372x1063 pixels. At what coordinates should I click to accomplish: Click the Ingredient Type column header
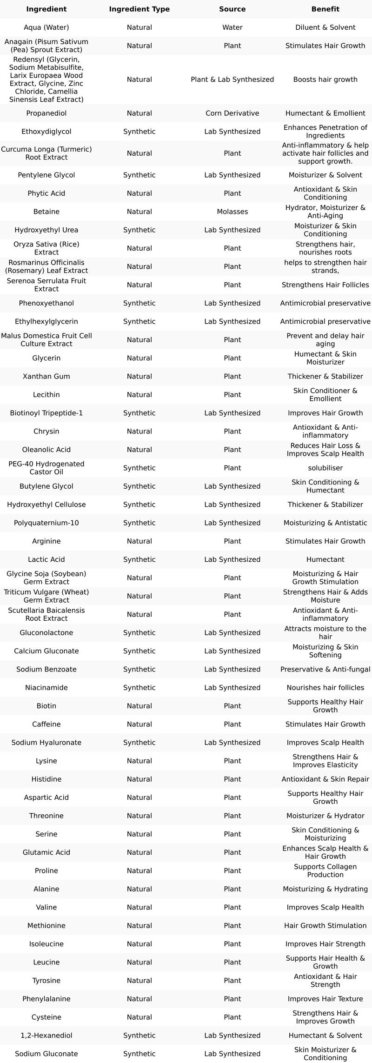coord(139,9)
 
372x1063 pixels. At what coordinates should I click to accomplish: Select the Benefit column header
coord(325,9)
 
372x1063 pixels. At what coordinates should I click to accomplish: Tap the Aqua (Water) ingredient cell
coord(46,27)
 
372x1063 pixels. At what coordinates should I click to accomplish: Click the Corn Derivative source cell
coord(232,113)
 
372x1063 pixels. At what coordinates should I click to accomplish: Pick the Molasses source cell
coord(232,212)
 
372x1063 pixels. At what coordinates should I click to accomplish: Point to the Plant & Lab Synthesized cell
coord(232,80)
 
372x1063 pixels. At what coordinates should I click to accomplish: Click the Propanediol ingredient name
coord(46,113)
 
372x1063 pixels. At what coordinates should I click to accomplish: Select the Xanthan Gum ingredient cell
coord(46,376)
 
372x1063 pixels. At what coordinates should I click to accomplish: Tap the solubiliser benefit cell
coord(325,468)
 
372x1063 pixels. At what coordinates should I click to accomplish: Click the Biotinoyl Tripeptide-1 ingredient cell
coord(46,413)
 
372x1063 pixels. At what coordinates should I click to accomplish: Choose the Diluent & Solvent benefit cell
coord(325,27)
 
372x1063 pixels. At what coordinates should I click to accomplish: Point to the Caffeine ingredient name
coord(46,724)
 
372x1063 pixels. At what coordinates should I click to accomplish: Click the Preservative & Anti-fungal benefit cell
coord(325,669)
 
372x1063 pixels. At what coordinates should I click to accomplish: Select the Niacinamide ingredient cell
coord(46,687)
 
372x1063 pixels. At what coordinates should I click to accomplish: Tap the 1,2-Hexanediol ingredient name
coord(46,1035)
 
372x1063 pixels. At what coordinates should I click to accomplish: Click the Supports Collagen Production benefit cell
coord(325,870)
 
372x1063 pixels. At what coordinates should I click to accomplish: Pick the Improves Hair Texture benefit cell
coord(325,998)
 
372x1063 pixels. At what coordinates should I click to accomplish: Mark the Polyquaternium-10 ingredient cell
coord(46,523)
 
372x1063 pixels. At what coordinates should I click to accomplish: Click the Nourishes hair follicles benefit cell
coord(325,687)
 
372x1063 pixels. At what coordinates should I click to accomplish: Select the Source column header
coord(232,9)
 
